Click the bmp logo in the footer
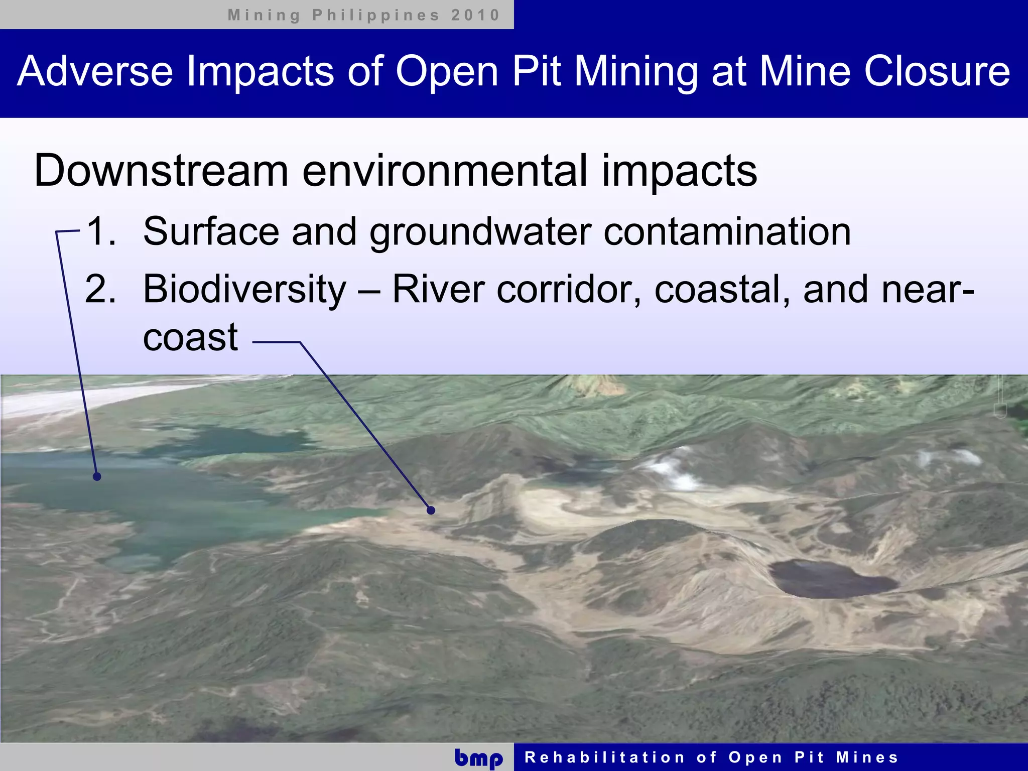(x=478, y=758)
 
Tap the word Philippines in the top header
(x=376, y=15)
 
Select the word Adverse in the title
(x=95, y=71)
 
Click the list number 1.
(x=101, y=231)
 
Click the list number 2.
(x=100, y=290)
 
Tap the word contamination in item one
(x=727, y=231)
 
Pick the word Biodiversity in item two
(x=244, y=290)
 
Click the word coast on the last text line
(x=190, y=337)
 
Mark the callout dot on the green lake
(x=97, y=476)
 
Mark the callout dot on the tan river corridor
(x=431, y=510)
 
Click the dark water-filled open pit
(x=831, y=579)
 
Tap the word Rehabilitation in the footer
(x=604, y=757)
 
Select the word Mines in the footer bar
(x=867, y=757)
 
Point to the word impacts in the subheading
(x=679, y=171)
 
